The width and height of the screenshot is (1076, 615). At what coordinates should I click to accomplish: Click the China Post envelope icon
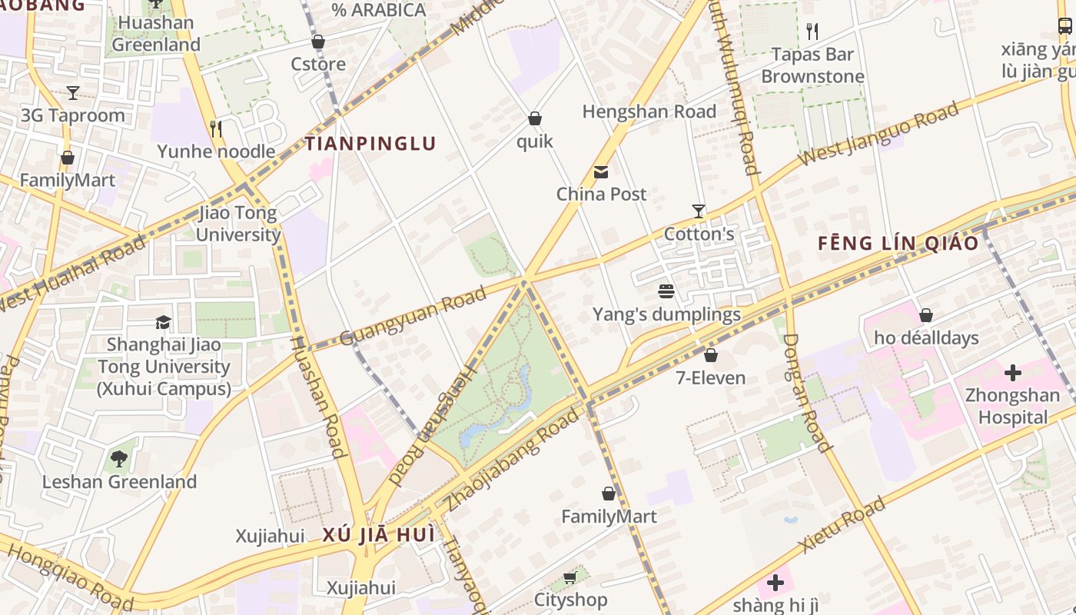tap(601, 172)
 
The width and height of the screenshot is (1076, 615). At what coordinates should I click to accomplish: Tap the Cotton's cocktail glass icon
tap(698, 211)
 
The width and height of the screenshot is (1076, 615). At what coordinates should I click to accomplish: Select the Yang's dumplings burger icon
tap(666, 291)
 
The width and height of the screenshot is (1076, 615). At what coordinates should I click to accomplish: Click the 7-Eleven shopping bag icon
tap(711, 355)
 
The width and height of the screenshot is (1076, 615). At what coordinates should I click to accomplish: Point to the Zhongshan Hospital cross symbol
tap(1013, 374)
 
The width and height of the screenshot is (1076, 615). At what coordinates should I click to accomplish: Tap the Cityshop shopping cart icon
tap(570, 577)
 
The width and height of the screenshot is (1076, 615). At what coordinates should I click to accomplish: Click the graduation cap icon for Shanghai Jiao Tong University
tap(163, 322)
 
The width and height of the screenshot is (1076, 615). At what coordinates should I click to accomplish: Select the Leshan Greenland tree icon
tap(119, 459)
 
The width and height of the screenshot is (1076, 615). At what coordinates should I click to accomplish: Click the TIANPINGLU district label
tap(370, 144)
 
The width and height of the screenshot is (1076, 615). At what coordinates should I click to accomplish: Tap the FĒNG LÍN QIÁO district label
tap(898, 244)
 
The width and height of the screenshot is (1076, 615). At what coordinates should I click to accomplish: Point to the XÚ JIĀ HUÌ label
tap(378, 535)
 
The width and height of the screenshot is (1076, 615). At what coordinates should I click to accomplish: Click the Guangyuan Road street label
tap(413, 316)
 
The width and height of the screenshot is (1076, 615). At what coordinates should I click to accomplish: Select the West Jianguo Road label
tap(879, 133)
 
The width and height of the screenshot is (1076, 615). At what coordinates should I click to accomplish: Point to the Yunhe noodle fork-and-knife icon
tap(216, 128)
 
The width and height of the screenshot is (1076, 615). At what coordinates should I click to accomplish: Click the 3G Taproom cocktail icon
tap(73, 93)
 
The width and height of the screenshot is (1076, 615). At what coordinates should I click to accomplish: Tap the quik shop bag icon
tap(534, 118)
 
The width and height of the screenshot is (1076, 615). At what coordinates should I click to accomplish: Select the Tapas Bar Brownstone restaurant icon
tap(812, 32)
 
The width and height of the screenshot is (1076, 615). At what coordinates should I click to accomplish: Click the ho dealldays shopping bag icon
tap(926, 315)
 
